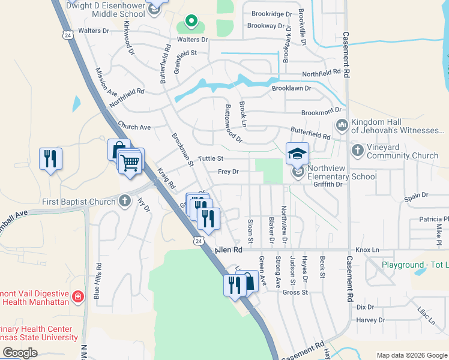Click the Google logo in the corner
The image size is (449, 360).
20,353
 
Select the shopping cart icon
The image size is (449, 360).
130,162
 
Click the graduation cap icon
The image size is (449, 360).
297,153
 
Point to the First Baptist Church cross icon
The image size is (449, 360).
124,201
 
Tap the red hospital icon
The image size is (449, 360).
77,296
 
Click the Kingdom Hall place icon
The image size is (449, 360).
342,125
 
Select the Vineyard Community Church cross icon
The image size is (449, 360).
357,150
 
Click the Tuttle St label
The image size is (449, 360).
211,158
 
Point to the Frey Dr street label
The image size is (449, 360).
228,172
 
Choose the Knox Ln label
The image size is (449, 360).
367,249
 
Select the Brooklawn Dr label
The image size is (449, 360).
291,88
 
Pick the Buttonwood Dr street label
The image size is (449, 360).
232,124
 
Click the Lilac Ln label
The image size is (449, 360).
427,316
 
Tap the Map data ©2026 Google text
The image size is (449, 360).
411,355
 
